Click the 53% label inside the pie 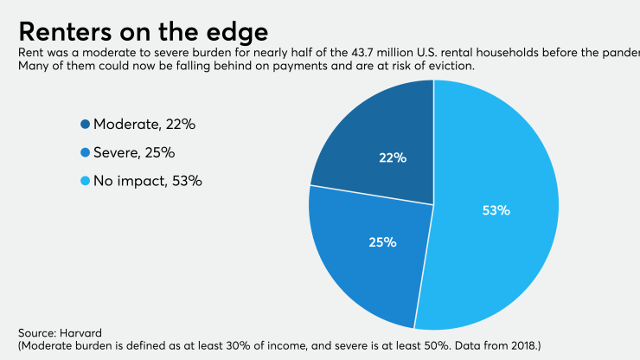point(496,210)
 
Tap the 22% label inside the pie point(393,158)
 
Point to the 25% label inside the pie point(383,242)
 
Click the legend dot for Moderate point(85,125)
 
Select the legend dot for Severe point(85,153)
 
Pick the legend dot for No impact point(85,182)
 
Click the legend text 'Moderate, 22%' point(144,125)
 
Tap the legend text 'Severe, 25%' point(134,153)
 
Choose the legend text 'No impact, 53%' point(148,182)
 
